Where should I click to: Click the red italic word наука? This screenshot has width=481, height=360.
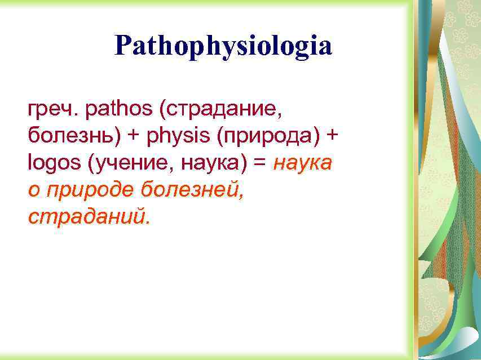(303, 164)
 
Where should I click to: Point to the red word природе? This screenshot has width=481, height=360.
(90, 191)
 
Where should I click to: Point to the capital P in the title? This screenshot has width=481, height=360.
(122, 46)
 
